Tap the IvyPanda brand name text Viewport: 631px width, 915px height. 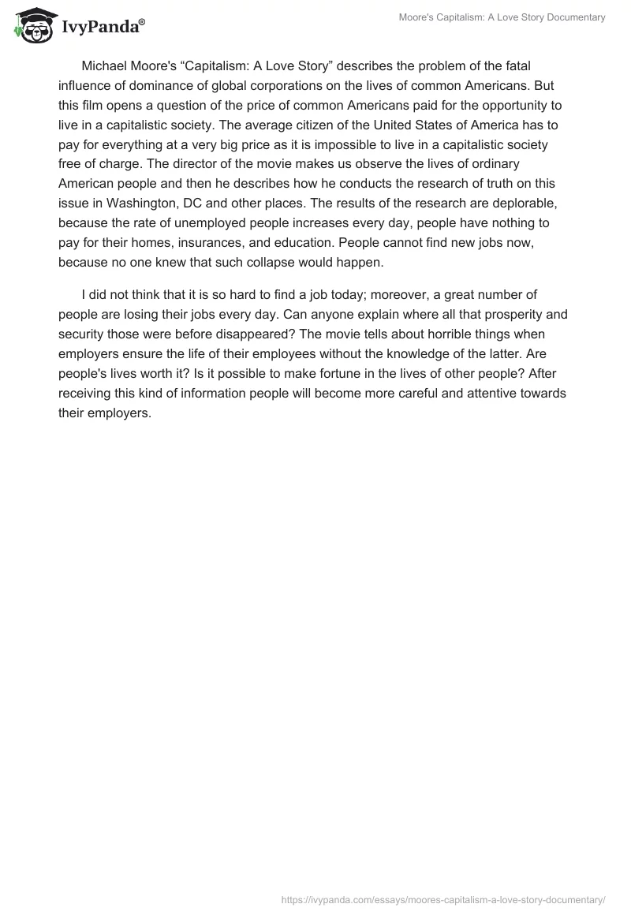click(x=100, y=28)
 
